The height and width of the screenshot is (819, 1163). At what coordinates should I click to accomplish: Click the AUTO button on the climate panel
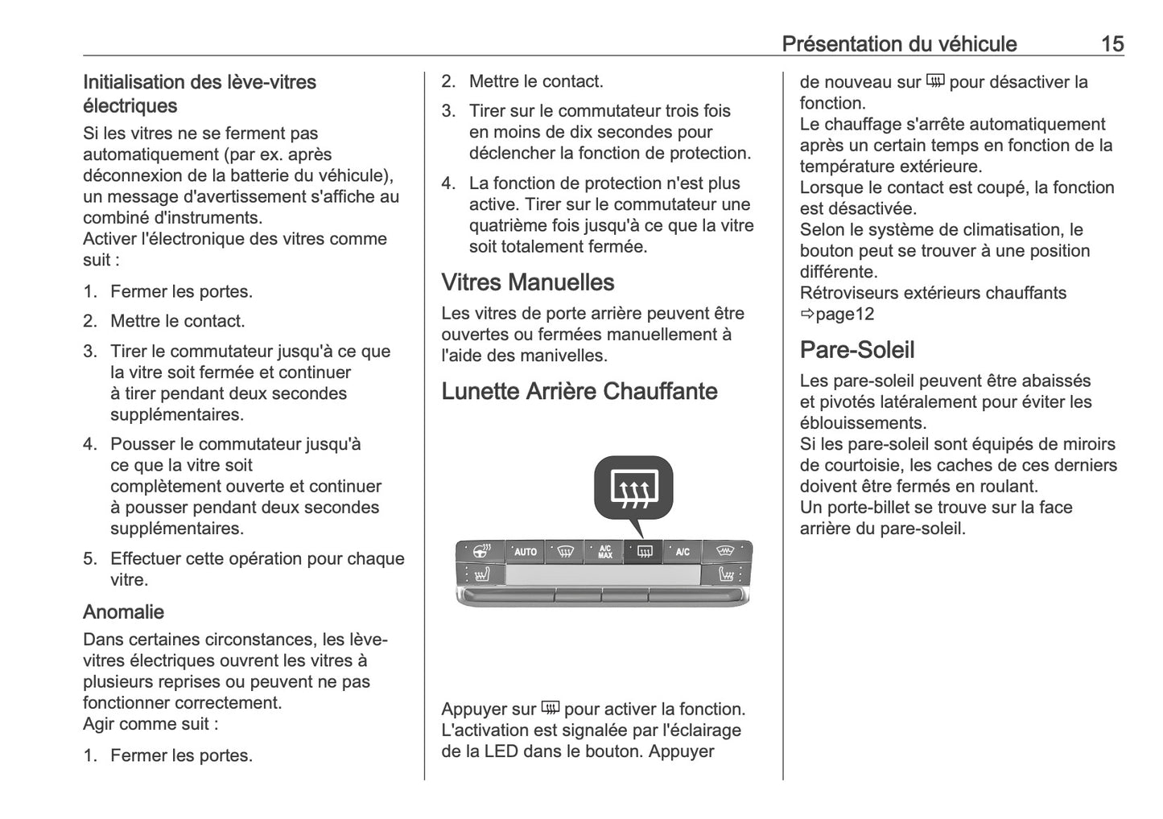[x=525, y=552]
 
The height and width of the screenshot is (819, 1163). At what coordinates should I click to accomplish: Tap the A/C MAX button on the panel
[x=604, y=552]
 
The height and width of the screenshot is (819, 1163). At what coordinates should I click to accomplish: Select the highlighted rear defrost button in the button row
[x=644, y=552]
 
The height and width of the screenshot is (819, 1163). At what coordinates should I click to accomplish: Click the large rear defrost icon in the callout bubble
[x=633, y=488]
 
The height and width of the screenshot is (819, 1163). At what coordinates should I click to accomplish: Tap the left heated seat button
[x=481, y=575]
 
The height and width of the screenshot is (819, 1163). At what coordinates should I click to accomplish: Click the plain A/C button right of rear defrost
[x=683, y=552]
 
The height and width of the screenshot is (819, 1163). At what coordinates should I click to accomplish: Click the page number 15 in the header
[x=1111, y=43]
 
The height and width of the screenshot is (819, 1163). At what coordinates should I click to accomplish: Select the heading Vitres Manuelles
[x=527, y=282]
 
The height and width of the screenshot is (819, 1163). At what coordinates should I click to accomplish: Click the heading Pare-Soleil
[x=856, y=350]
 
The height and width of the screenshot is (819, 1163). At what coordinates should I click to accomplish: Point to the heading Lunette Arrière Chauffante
[x=579, y=391]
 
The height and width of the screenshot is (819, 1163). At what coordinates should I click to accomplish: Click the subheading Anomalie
[x=123, y=612]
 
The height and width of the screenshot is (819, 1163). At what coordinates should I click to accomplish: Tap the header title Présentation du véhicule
[x=899, y=43]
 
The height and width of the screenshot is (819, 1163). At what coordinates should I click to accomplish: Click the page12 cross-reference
[x=843, y=315]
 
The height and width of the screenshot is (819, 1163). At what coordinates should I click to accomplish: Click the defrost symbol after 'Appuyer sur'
[x=550, y=708]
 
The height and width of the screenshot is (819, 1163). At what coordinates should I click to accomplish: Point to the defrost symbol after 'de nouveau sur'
[x=934, y=81]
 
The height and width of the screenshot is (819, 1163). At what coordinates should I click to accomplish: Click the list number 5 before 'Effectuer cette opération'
[x=89, y=559]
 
